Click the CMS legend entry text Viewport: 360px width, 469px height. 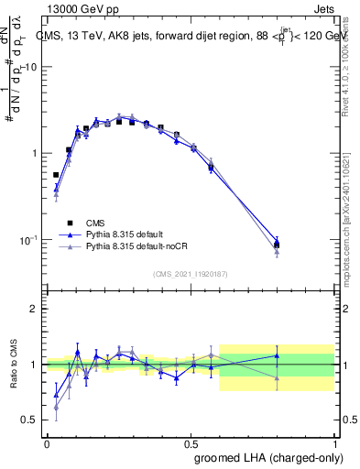click(x=95, y=223)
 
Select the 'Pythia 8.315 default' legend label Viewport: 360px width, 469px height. click(x=124, y=234)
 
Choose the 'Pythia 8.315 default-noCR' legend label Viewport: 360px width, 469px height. click(x=134, y=247)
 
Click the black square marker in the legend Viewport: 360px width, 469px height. click(x=70, y=223)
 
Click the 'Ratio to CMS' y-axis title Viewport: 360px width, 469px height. click(x=16, y=364)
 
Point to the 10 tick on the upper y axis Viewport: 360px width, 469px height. click(x=30, y=68)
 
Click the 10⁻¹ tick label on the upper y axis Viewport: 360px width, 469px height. click(x=28, y=240)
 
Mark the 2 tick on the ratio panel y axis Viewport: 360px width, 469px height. click(x=34, y=309)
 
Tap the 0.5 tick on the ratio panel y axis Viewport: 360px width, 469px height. click(x=30, y=420)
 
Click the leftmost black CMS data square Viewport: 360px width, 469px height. click(x=56, y=174)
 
